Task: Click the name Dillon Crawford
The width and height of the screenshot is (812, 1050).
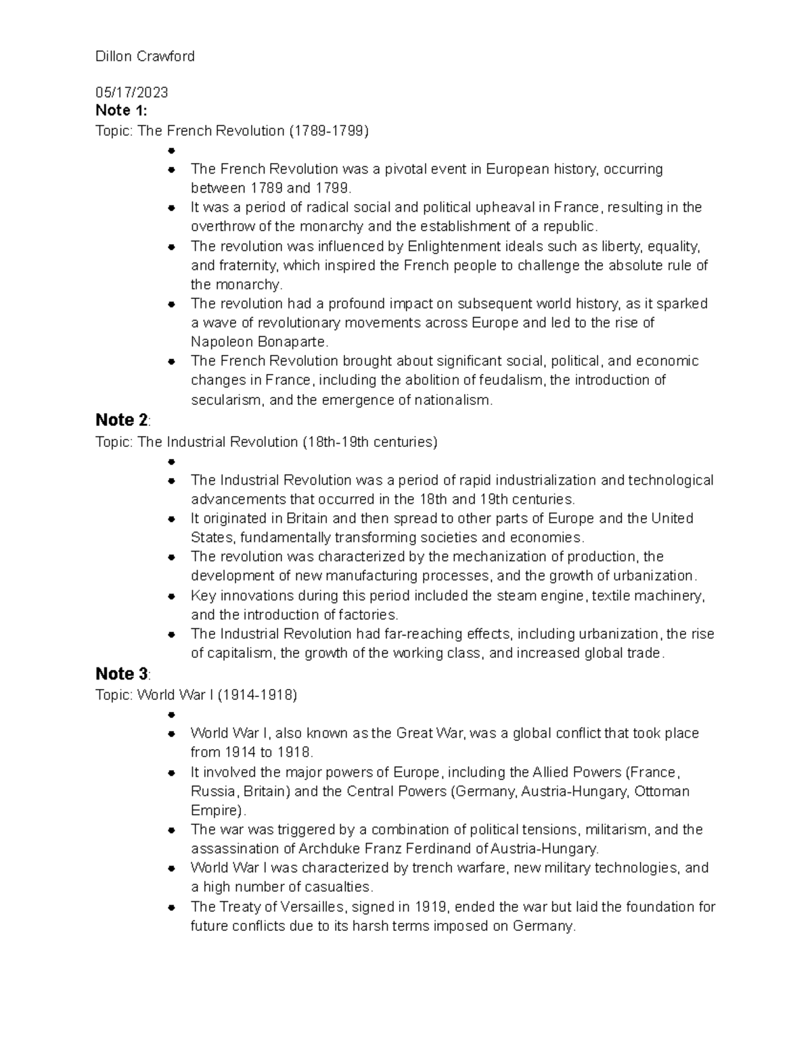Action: point(145,56)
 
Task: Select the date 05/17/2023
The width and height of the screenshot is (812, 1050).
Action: point(131,92)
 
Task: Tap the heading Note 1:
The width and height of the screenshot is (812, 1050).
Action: point(121,110)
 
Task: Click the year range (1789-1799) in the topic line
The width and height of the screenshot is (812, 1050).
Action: point(329,130)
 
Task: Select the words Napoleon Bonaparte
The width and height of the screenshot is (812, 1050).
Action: point(259,341)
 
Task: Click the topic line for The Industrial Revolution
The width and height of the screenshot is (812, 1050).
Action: point(267,442)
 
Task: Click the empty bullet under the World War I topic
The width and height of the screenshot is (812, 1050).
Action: point(172,715)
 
